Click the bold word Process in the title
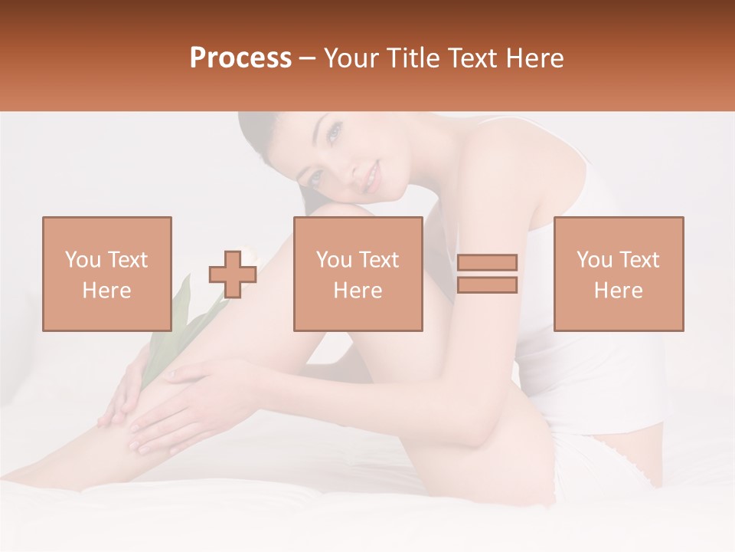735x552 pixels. [240, 58]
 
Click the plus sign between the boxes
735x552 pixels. [233, 274]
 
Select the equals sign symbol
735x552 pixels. [487, 274]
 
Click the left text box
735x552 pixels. [107, 274]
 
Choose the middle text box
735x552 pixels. [358, 274]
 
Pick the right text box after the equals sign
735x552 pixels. [619, 274]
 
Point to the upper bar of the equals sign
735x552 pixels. [487, 263]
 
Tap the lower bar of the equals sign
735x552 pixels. [487, 284]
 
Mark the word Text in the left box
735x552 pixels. [128, 260]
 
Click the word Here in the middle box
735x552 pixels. [358, 291]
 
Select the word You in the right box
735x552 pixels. [594, 260]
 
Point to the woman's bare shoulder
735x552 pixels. [498, 153]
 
